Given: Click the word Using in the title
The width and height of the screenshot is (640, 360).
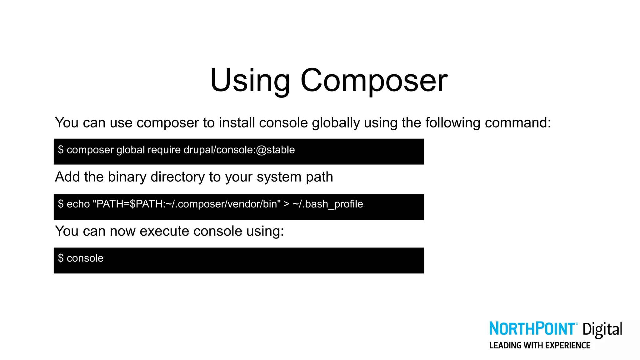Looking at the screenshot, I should tap(250, 81).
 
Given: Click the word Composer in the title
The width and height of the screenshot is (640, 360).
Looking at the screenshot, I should tap(374, 81).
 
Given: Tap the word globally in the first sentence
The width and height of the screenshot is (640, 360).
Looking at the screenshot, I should tap(336, 123).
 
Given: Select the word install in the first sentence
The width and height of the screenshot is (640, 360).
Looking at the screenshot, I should tap(237, 123).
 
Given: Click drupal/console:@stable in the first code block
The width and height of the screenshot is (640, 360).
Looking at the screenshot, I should tap(239, 150).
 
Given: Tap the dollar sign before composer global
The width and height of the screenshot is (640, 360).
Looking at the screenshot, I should tap(61, 150).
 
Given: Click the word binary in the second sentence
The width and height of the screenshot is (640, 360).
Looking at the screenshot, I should tap(127, 177).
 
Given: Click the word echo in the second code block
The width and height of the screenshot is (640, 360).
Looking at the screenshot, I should tap(78, 204).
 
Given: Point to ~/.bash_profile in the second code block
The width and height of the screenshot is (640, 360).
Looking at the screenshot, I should tap(328, 204).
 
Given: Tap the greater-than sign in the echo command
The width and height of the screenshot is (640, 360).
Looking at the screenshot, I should tap(286, 204).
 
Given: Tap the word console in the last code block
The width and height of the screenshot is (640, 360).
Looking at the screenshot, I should tap(85, 258).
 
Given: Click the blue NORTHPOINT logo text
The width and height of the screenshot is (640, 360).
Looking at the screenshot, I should tap(532, 329).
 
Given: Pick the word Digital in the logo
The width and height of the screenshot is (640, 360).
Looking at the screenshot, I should tap(602, 330).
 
